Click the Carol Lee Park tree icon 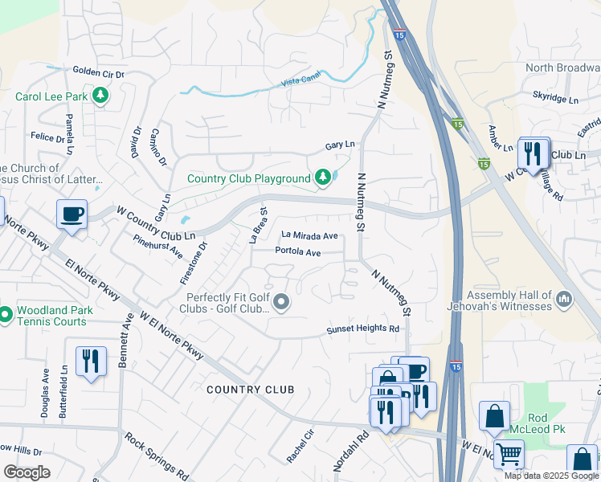(x=100, y=97)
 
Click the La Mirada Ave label (x=309, y=236)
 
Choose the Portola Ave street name (x=298, y=252)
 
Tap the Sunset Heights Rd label (x=362, y=329)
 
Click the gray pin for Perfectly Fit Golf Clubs (x=281, y=302)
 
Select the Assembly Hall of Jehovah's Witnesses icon (x=564, y=300)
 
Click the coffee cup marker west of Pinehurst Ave (x=72, y=215)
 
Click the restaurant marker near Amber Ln (x=534, y=151)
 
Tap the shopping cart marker (x=509, y=454)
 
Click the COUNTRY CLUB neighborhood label (x=250, y=390)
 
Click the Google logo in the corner (x=27, y=472)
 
